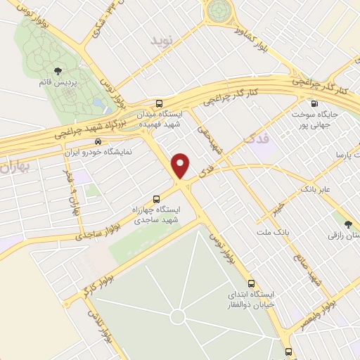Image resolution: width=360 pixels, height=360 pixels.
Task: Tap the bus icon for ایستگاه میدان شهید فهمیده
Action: click(158, 103)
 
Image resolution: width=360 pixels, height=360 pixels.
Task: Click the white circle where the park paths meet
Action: click(177, 317)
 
